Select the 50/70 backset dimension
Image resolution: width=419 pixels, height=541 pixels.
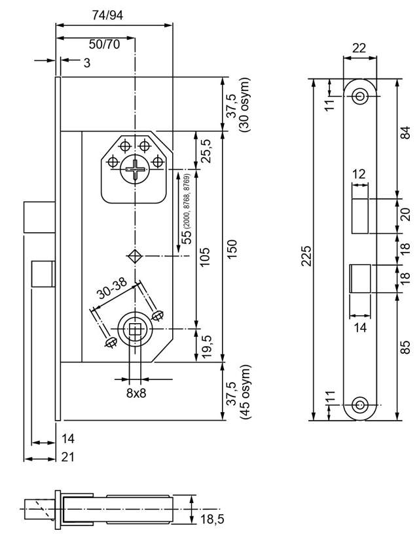(104, 44)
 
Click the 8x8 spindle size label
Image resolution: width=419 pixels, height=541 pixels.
(136, 393)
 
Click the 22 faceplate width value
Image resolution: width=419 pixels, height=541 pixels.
(359, 47)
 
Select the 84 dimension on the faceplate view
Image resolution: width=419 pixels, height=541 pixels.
(406, 133)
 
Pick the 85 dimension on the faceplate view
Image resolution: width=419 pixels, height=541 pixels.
(406, 347)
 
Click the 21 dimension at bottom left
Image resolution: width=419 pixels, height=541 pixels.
(67, 457)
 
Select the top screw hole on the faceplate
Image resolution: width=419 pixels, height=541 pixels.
(359, 96)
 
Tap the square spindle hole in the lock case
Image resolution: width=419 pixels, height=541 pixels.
(136, 330)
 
